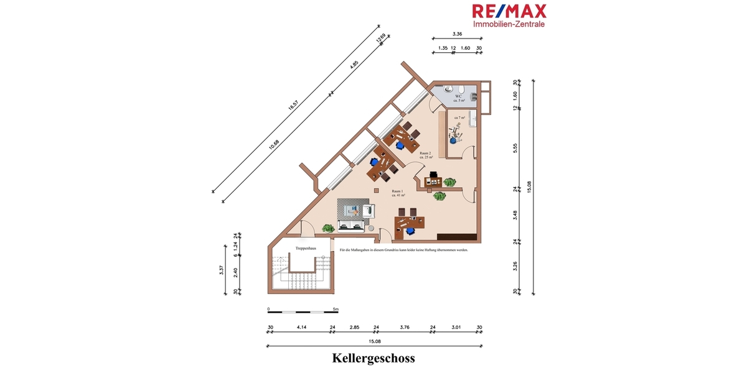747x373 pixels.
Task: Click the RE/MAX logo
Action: click(509, 11)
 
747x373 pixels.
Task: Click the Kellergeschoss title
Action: click(373, 358)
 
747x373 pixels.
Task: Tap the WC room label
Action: click(458, 96)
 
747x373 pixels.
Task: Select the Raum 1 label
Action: click(398, 192)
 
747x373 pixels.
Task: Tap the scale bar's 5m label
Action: click(335, 308)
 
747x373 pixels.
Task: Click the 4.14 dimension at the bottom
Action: click(302, 328)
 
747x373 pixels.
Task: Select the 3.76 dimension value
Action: click(405, 328)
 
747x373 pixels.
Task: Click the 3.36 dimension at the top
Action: click(457, 34)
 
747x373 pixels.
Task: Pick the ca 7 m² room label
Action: click(460, 117)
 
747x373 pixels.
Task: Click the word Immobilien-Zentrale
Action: click(509, 24)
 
